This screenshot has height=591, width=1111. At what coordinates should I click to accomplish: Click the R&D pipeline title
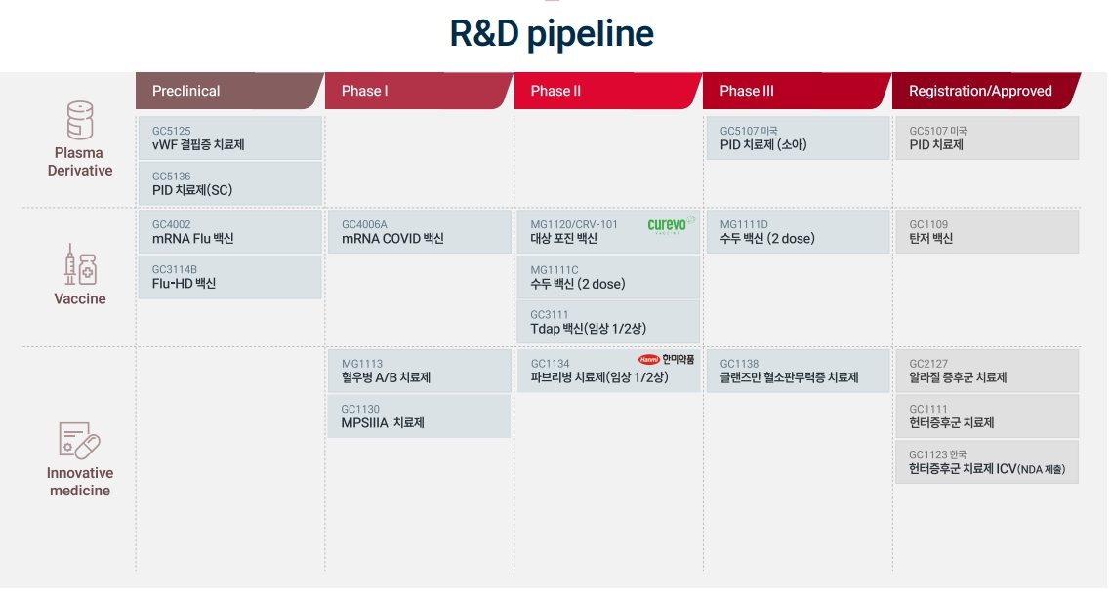[x=552, y=34]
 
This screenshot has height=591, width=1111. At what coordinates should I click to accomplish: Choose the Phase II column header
[x=606, y=91]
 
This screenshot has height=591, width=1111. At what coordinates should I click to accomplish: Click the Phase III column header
[x=796, y=91]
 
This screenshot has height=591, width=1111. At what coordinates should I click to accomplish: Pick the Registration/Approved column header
[x=984, y=91]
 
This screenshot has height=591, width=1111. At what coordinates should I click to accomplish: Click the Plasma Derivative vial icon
[x=80, y=120]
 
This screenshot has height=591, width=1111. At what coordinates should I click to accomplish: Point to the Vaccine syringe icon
[x=80, y=265]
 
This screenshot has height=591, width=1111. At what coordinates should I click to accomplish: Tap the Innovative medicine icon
[x=80, y=441]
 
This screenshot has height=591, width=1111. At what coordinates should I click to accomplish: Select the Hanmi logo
[x=668, y=359]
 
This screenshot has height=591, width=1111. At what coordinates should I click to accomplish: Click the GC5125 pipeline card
[x=229, y=138]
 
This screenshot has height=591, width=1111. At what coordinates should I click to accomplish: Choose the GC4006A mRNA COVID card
[x=419, y=232]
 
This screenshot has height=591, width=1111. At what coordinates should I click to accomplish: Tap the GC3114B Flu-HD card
[x=229, y=277]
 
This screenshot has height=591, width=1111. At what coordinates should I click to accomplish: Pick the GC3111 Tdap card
[x=607, y=322]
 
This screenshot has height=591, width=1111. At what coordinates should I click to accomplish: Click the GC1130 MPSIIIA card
[x=419, y=416]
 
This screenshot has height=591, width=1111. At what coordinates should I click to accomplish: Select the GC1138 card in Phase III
[x=797, y=371]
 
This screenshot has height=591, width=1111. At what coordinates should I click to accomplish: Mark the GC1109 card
[x=987, y=232]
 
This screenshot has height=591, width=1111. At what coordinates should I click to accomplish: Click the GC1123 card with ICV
[x=987, y=462]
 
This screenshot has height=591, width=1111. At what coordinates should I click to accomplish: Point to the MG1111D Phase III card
[x=797, y=232]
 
